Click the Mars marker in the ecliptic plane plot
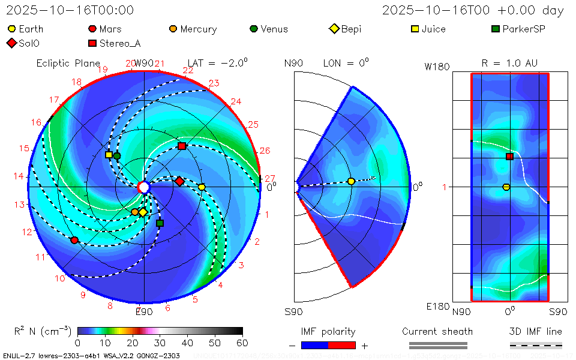coord(74,240)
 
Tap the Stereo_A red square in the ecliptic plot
coord(182,146)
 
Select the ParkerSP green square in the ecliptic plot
coord(160,223)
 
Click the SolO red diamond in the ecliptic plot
coord(179,181)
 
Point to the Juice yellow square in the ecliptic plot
coord(109,154)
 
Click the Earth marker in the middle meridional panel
coord(351,181)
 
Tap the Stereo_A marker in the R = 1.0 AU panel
coord(509,157)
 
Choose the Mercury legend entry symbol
coord(173,29)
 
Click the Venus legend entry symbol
coord(253,29)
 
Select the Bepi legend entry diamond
coord(334,29)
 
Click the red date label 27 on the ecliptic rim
coord(270,178)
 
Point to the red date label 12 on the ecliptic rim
coord(27,232)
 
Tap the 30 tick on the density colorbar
coord(160,343)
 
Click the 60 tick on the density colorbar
coord(242,343)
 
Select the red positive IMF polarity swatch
coord(342,345)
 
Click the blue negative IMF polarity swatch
coord(314,345)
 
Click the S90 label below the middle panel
coord(293,312)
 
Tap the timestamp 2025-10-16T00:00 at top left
coord(70,10)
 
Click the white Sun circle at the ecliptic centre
coord(143,187)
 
